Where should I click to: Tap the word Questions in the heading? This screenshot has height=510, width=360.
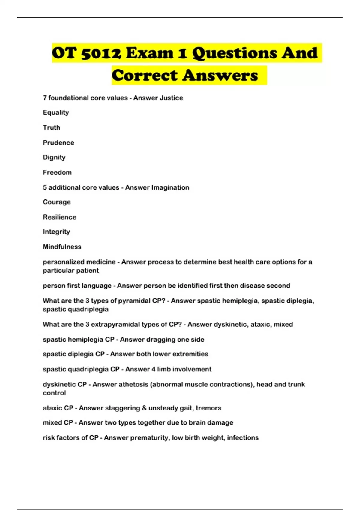coord(234,53)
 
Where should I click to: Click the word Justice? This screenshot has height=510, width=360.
coord(171,98)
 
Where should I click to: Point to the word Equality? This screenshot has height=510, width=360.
coord(56,112)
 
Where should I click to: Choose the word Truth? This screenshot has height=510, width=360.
coord(52,127)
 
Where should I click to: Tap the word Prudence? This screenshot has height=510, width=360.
coord(58,142)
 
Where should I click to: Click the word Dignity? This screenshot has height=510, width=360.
coord(54,157)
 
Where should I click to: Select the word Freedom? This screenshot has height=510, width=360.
coord(57,172)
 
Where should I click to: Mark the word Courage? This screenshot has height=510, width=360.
coord(57,202)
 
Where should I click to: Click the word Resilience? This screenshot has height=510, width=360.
coord(59,217)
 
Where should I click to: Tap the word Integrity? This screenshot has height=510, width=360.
coord(56,232)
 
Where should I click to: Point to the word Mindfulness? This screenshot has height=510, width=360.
coord(62,247)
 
